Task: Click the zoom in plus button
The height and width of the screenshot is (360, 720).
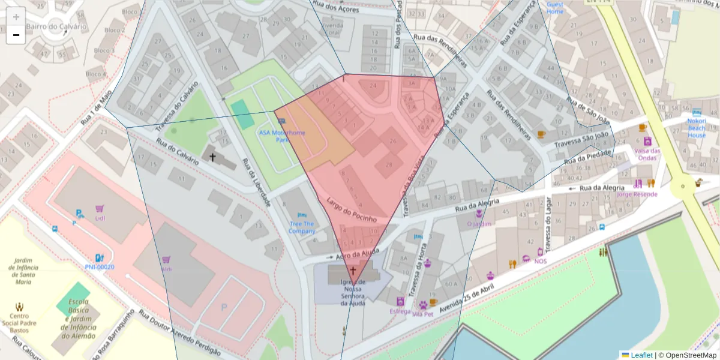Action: click(16, 16)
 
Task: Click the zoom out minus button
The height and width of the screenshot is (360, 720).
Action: click(16, 35)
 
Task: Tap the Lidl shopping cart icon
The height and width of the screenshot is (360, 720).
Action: click(100, 209)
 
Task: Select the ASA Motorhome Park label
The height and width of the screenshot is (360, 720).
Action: click(282, 136)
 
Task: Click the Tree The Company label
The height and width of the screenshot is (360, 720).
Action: click(301, 227)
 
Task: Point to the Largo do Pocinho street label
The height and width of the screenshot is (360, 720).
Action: click(352, 209)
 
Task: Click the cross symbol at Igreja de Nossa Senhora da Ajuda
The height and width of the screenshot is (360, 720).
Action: click(352, 271)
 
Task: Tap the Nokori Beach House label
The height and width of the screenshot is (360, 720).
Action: click(697, 127)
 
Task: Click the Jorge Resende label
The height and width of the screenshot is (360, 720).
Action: click(637, 194)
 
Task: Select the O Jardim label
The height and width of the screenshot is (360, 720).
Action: click(479, 224)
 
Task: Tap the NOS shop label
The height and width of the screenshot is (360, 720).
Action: click(540, 261)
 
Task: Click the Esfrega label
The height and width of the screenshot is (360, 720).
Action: click(400, 311)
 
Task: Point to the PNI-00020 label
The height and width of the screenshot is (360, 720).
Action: click(100, 266)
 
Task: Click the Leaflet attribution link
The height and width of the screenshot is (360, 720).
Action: click(641, 355)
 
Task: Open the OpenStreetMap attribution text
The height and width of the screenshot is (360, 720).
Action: click(687, 355)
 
